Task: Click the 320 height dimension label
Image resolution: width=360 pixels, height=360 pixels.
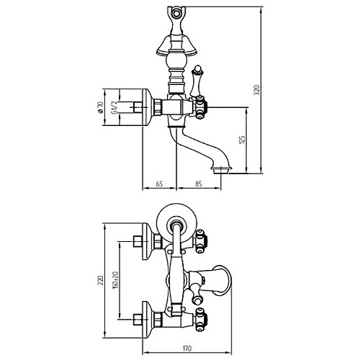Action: point(257,90)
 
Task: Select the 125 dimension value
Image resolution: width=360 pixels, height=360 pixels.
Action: point(243,140)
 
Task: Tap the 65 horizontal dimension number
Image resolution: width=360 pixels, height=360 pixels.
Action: point(159,184)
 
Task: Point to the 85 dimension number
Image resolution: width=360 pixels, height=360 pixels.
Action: point(198,184)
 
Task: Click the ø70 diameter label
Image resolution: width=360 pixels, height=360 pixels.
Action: point(100,107)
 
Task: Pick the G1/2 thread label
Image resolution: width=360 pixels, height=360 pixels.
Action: point(114,107)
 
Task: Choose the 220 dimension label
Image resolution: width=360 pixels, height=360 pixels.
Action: point(101,280)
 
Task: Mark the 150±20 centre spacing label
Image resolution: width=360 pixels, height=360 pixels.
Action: point(115,280)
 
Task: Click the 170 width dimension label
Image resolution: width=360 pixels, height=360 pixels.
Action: point(187,348)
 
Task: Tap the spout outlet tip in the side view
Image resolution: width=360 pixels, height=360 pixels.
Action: point(221,170)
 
